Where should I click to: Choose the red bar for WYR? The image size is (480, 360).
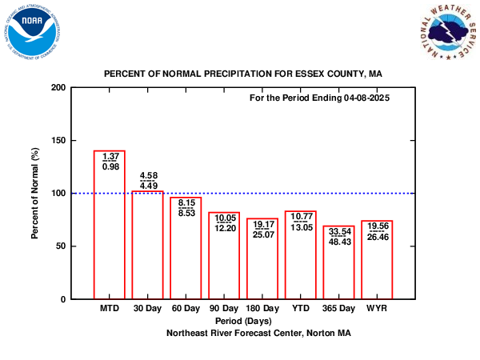tap(377, 264)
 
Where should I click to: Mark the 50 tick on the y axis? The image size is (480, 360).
tap(58, 246)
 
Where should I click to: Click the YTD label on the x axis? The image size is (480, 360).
tap(301, 308)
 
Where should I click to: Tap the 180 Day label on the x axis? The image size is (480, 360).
tap(262, 308)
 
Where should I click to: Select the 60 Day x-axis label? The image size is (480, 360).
tap(186, 308)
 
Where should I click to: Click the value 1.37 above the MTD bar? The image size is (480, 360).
tap(110, 155)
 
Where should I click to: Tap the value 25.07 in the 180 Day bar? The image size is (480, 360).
tap(262, 234)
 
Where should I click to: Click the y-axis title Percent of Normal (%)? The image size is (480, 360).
tap(35, 193)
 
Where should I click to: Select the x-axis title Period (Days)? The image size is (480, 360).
tap(243, 320)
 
